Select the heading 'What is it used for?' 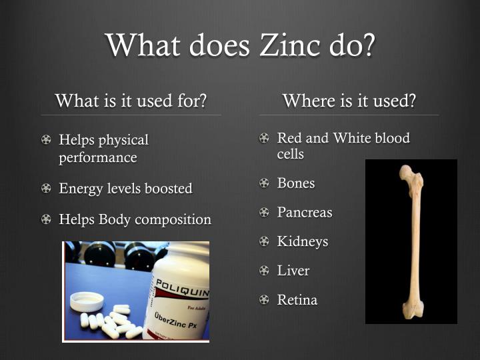click(131, 101)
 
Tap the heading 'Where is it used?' click(349, 101)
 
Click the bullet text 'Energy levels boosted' click(125, 189)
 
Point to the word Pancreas click(305, 213)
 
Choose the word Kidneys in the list click(303, 241)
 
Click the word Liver click(293, 271)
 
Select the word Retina click(297, 300)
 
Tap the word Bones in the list click(296, 183)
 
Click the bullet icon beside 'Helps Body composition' click(46, 219)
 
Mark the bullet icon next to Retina click(264, 300)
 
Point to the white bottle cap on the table click(87, 301)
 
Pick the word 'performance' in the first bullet click(98, 158)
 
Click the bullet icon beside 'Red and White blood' click(264, 139)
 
